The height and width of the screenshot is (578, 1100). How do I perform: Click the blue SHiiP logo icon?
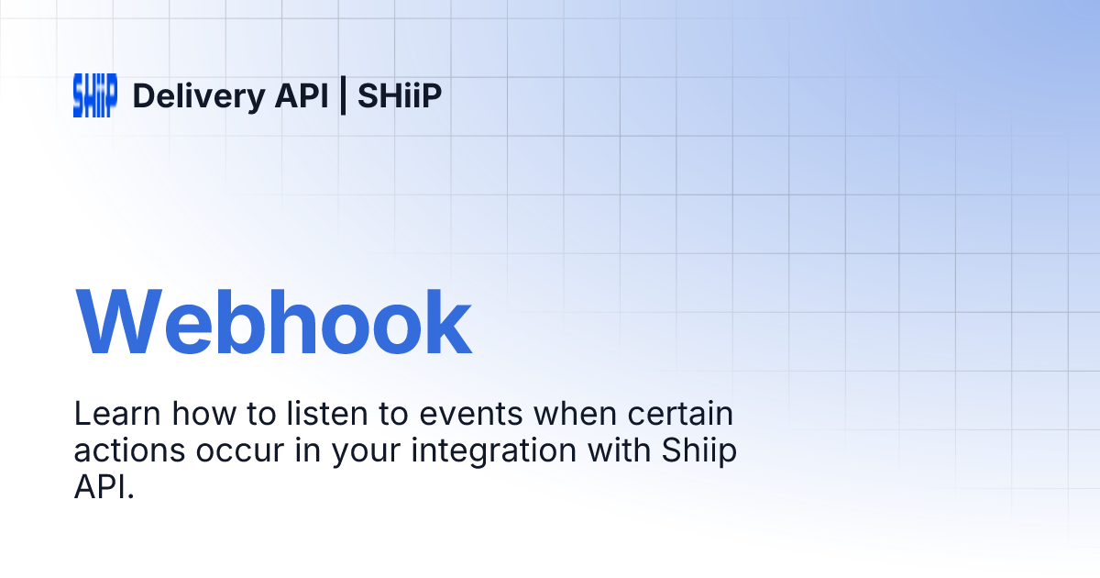tap(94, 95)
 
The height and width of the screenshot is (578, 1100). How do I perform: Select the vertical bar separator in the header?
tap(343, 95)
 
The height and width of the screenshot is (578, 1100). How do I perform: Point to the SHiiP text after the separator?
tap(400, 95)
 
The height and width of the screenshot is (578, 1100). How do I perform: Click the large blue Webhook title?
tap(273, 324)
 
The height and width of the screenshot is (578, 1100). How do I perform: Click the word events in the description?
tap(470, 415)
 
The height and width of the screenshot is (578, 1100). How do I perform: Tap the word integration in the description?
tap(488, 451)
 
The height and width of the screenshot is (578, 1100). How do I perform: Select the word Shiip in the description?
tap(698, 451)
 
